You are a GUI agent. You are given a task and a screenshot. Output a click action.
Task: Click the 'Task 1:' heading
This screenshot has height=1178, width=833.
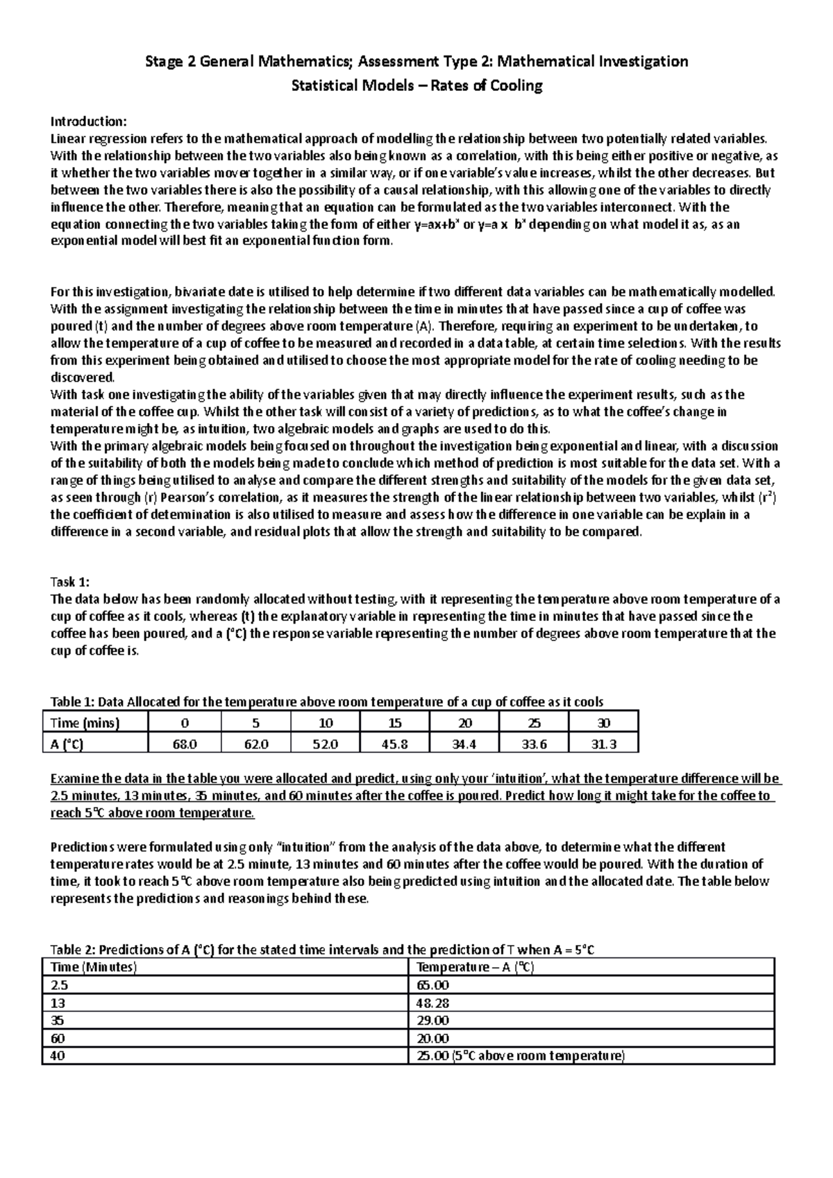[x=71, y=582]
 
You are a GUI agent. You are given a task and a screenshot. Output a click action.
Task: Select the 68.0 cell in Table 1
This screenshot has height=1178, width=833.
[x=185, y=744]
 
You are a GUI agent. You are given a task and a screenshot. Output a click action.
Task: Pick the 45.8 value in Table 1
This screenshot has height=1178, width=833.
[x=395, y=744]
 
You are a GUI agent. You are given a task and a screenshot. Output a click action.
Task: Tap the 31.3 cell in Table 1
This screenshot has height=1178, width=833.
[x=603, y=744]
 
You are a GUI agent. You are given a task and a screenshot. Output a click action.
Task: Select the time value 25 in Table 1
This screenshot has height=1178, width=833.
[x=534, y=723]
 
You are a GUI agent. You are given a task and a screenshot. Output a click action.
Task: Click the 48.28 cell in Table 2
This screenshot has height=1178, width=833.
[x=432, y=1002]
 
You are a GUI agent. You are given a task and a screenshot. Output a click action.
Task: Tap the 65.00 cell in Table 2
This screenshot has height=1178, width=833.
[x=432, y=985]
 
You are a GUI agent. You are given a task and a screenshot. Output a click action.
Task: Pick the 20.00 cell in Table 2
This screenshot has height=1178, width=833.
[x=432, y=1038]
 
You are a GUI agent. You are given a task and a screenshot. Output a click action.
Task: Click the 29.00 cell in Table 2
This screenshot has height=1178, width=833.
[x=432, y=1021]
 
